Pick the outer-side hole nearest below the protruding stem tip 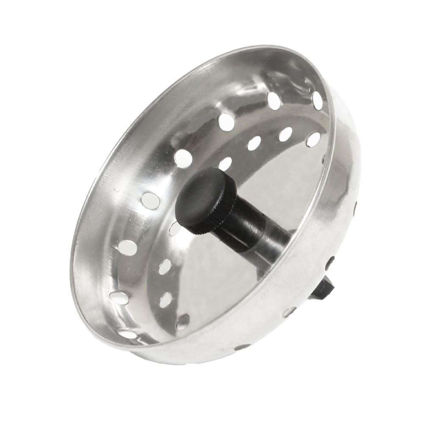[290, 312]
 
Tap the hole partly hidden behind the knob [174, 229]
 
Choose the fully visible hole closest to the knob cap [225, 163]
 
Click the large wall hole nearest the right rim [317, 100]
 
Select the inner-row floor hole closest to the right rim [313, 139]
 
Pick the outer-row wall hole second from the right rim [274, 101]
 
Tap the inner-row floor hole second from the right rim [285, 134]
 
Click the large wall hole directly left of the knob [151, 200]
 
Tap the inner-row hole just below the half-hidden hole [165, 267]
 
